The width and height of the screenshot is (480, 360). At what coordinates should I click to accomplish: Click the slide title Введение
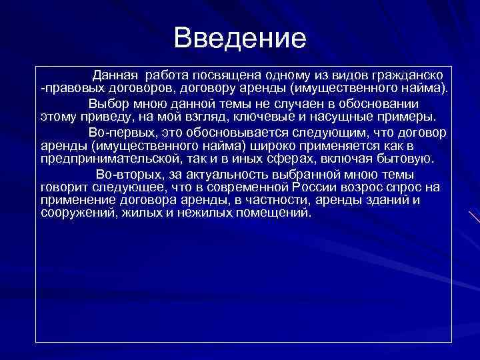pos(240,38)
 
